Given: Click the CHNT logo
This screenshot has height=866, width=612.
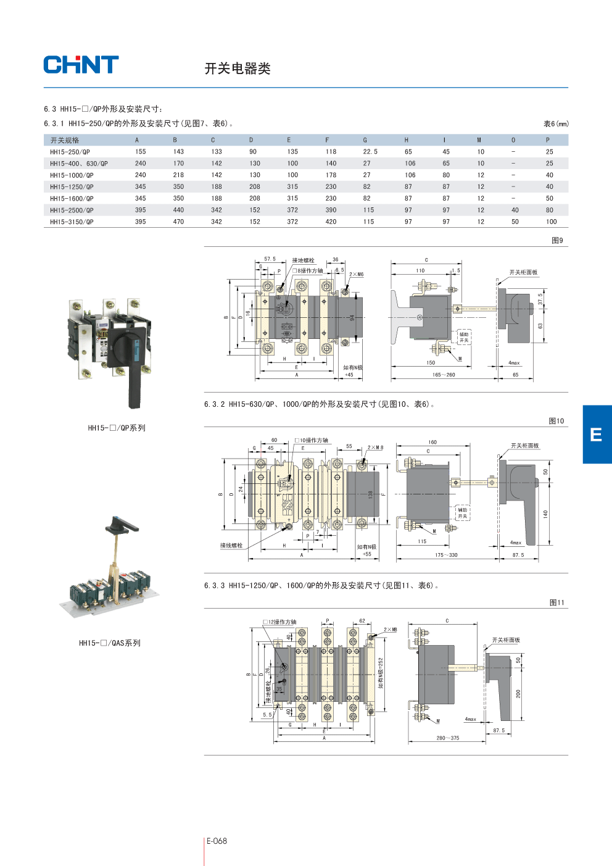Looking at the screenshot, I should pyautogui.click(x=81, y=65).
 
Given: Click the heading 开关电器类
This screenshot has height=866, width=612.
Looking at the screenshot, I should pyautogui.click(x=238, y=69).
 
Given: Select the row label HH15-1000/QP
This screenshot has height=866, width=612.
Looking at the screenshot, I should pyautogui.click(x=72, y=175).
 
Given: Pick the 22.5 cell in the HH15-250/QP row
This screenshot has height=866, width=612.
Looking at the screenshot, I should pyautogui.click(x=370, y=152).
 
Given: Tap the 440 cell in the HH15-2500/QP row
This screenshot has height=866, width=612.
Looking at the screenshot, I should pyautogui.click(x=178, y=210).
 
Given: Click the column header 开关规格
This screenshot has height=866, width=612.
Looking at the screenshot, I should pyautogui.click(x=65, y=141).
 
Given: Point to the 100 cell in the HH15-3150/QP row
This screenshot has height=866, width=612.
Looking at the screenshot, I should pyautogui.click(x=551, y=222).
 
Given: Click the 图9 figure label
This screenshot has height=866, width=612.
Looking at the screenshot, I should pyautogui.click(x=557, y=241).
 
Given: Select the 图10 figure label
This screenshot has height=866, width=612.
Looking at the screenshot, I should pyautogui.click(x=556, y=421).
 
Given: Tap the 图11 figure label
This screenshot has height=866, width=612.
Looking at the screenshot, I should pyautogui.click(x=556, y=602).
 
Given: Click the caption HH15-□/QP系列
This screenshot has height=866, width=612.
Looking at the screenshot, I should pyautogui.click(x=117, y=428).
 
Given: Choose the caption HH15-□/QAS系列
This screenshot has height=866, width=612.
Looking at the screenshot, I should pyautogui.click(x=110, y=643).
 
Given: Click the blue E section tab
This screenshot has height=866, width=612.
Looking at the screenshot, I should pyautogui.click(x=597, y=435).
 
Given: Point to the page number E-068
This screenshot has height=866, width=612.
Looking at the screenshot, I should pyautogui.click(x=217, y=841).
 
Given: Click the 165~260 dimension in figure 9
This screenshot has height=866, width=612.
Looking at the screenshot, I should pyautogui.click(x=444, y=375).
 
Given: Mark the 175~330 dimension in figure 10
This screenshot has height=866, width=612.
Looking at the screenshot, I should pyautogui.click(x=446, y=555).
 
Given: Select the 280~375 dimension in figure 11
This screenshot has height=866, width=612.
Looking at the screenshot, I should pyautogui.click(x=448, y=738).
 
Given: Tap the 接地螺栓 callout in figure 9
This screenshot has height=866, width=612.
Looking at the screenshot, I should pyautogui.click(x=303, y=260).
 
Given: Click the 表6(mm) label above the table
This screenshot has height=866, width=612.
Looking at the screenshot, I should pyautogui.click(x=556, y=124).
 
